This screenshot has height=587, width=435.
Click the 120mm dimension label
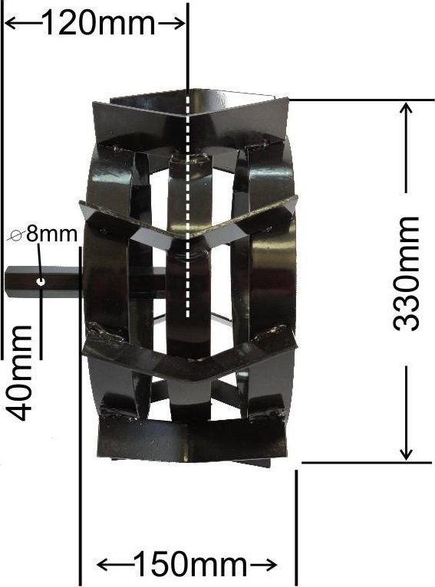(x=99, y=23)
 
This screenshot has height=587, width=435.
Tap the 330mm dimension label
(x=406, y=274)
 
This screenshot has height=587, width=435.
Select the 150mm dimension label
(x=189, y=564)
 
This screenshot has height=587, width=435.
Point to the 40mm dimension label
(x=19, y=373)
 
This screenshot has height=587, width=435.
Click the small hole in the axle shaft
(x=41, y=281)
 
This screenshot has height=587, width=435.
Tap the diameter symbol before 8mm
(x=16, y=235)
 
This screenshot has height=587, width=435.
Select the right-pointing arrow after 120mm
(x=171, y=24)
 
